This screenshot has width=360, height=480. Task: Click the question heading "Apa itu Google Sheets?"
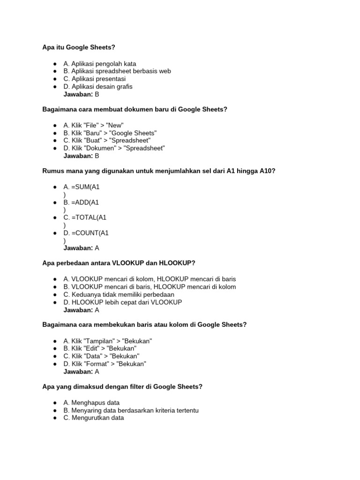[79, 47]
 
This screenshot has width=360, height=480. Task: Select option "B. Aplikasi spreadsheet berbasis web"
[117, 71]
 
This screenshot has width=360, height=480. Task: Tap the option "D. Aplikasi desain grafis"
[98, 87]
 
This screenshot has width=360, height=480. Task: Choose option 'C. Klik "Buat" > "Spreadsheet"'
[107, 141]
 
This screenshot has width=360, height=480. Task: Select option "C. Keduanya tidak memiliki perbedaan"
[119, 295]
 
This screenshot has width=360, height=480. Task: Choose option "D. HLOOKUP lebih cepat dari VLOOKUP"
[122, 302]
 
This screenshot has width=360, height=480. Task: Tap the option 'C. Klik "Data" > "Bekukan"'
[101, 356]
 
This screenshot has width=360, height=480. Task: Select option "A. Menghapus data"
[91, 403]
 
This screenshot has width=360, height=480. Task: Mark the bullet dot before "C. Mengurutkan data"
[55, 418]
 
